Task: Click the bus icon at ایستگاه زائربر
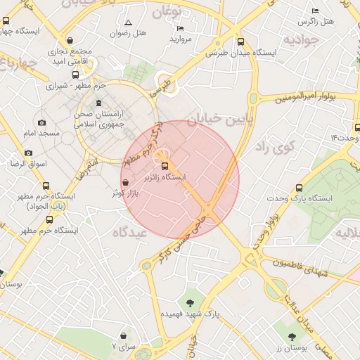(165, 166)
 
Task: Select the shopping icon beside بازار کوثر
(125, 183)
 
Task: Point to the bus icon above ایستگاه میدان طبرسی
(242, 41)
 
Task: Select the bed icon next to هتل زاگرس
(316, 11)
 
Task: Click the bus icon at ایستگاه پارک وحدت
(299, 188)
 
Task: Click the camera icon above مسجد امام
(41, 122)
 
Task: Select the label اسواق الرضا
(25, 164)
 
